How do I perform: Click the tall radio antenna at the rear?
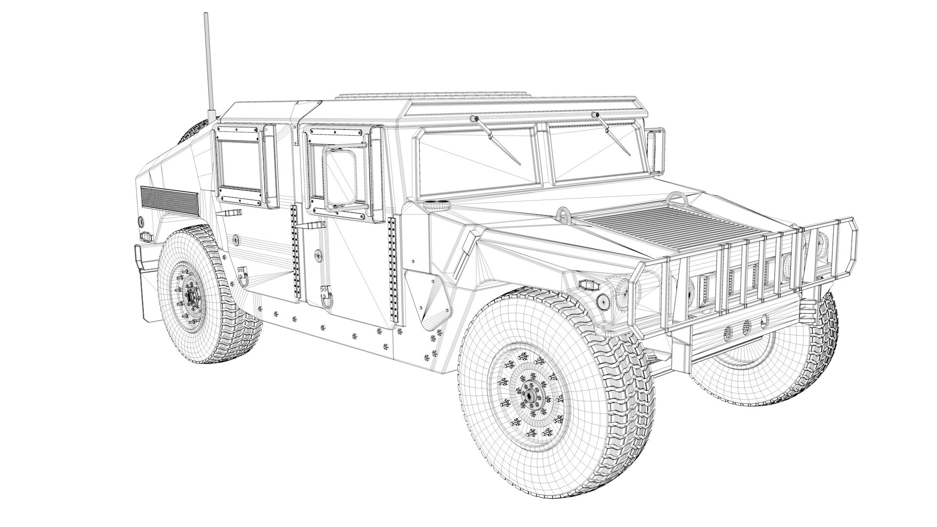[x=209, y=63]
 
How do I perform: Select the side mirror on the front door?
[x=340, y=177]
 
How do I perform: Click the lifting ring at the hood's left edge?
[x=564, y=214]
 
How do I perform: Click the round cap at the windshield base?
[x=437, y=204]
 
